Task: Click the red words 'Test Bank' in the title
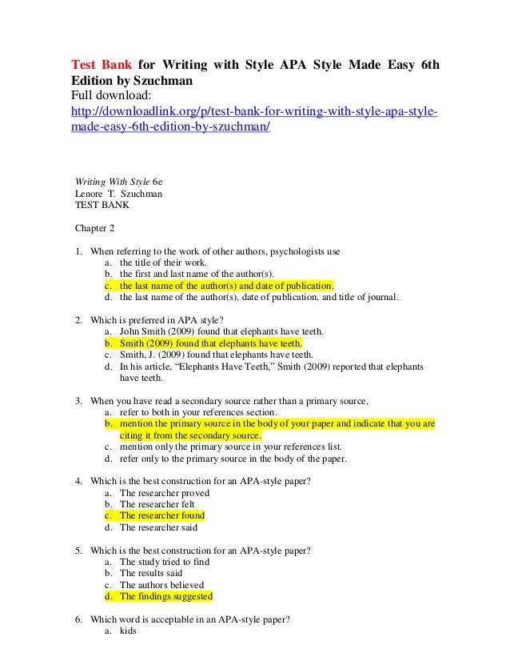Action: click(98, 65)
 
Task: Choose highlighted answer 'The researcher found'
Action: click(162, 515)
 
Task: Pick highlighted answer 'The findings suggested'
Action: click(165, 596)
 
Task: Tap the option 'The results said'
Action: click(151, 573)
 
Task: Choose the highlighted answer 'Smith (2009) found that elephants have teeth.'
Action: click(210, 343)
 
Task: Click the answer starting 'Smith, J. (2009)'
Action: click(216, 355)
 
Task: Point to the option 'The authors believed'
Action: click(161, 584)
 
